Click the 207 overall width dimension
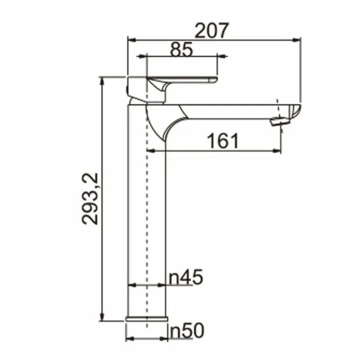[x=211, y=31]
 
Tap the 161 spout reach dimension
[x=223, y=141]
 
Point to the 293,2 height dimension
[x=92, y=198]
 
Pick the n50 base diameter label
[x=187, y=331]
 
